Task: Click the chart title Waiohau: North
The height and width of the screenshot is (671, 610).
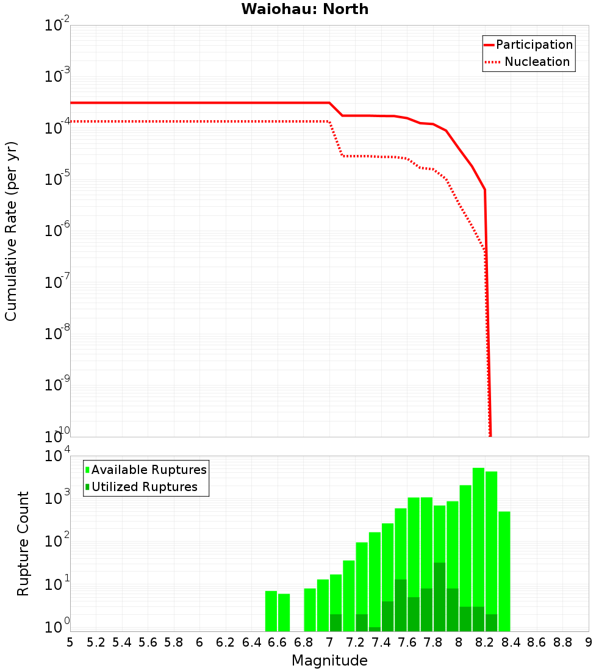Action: (x=305, y=9)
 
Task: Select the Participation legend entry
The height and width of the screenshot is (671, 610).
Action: (x=528, y=45)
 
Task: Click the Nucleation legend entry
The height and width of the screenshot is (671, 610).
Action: (x=528, y=62)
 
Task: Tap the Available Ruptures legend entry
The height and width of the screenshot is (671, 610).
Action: (x=146, y=470)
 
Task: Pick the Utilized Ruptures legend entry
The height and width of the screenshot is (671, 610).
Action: (x=141, y=487)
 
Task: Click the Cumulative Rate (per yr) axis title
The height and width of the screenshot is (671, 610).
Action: (x=11, y=231)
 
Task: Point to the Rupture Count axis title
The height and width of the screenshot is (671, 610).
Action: (x=23, y=544)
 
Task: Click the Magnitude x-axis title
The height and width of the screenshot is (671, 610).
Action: (x=329, y=661)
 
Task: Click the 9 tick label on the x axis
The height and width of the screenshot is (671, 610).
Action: (x=589, y=642)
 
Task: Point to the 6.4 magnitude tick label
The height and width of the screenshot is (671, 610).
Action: (x=252, y=642)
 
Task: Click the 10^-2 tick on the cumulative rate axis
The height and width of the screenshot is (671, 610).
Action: (x=57, y=26)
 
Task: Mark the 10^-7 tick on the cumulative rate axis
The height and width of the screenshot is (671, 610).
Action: (x=57, y=282)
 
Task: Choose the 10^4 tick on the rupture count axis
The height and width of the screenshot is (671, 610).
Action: (x=57, y=456)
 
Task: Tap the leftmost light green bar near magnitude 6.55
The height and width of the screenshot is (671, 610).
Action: (x=271, y=611)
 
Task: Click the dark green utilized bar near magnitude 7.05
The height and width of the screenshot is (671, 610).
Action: (x=335, y=623)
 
